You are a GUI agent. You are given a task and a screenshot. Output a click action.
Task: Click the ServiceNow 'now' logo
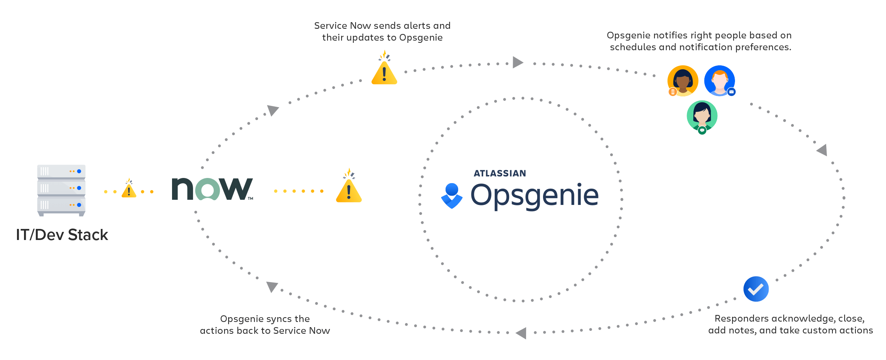(x=212, y=189)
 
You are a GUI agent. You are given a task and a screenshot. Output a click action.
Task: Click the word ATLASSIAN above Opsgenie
(x=500, y=174)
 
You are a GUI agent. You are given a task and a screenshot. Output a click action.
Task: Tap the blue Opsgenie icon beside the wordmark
(x=452, y=196)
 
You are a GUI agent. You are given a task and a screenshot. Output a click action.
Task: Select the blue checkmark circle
(x=756, y=289)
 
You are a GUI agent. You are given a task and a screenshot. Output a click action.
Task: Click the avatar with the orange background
(x=683, y=81)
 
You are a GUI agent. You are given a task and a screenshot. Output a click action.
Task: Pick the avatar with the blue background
(x=720, y=80)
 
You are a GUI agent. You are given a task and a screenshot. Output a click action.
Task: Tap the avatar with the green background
(x=702, y=116)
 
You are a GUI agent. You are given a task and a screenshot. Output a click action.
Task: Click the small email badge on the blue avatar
(x=731, y=92)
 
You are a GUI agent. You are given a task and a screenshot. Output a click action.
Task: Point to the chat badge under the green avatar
(x=702, y=130)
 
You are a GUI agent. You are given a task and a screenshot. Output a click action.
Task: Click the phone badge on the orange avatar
(x=673, y=92)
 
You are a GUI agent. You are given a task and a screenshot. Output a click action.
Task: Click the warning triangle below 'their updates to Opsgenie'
(x=384, y=73)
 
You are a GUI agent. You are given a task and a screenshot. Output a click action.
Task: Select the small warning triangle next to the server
(x=129, y=190)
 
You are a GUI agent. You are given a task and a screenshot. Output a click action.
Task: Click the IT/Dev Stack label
(x=62, y=235)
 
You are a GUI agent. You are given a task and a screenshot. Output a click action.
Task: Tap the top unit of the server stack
(x=61, y=171)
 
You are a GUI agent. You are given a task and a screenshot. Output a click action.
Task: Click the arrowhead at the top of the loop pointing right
(x=518, y=62)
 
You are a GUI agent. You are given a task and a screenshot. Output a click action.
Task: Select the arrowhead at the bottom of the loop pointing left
(x=521, y=333)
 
